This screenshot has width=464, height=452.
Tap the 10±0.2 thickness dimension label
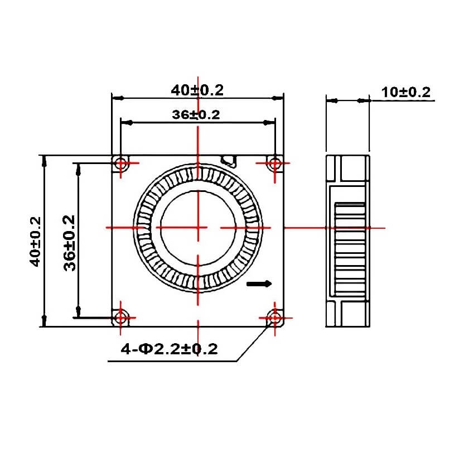407,93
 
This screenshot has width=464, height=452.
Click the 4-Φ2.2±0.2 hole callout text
170,349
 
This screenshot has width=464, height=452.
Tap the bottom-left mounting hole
121,318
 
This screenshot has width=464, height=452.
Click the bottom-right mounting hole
274,318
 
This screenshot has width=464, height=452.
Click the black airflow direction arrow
259,283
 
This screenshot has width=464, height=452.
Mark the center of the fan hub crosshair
197,228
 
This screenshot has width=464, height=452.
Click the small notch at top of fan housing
229,161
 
